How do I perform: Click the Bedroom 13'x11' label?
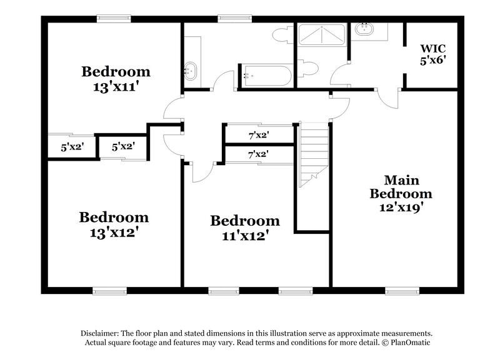point(116,79)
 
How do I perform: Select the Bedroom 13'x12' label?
point(114,225)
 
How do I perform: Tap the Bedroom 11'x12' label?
point(244,228)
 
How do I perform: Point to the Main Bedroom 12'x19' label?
point(400,193)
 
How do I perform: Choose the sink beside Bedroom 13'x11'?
point(190,71)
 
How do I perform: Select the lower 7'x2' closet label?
point(258,154)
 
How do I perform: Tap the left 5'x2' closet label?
point(72,148)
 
